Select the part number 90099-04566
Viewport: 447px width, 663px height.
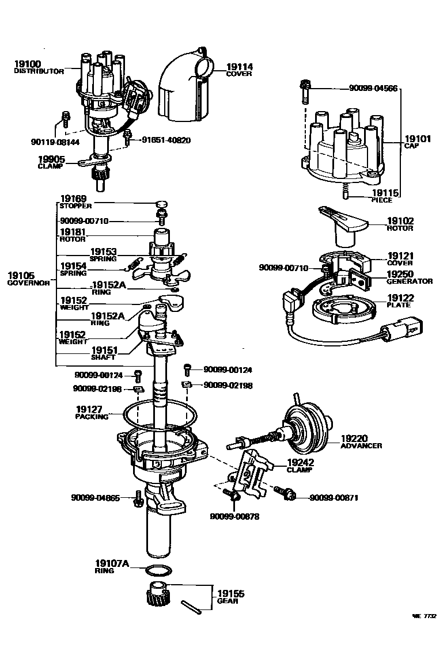(x=373, y=89)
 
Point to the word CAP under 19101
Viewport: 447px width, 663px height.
(x=411, y=146)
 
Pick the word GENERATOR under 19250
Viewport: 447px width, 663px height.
(x=409, y=281)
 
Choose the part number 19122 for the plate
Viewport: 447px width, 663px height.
(x=400, y=298)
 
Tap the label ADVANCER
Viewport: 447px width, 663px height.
(x=361, y=445)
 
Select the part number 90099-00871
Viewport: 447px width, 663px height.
(x=334, y=497)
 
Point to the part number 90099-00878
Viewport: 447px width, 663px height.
(x=234, y=516)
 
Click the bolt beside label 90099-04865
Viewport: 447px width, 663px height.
(x=138, y=498)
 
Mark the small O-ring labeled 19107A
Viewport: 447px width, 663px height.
(x=158, y=571)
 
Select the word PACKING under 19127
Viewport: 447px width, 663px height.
(x=92, y=416)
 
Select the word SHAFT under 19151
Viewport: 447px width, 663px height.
(x=103, y=357)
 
